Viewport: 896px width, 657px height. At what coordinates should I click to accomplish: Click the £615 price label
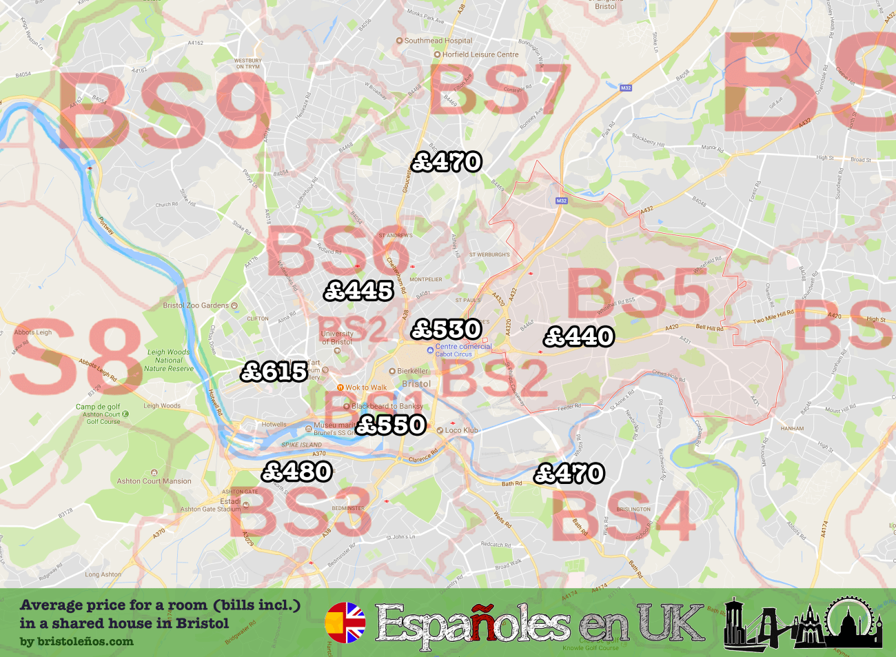274,372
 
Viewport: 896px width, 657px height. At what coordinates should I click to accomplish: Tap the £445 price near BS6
358,291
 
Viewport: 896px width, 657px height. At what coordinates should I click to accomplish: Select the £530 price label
446,330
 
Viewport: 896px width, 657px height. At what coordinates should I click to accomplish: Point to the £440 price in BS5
579,336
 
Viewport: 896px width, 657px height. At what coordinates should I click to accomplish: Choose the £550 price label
391,425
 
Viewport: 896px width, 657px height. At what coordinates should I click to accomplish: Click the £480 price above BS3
297,472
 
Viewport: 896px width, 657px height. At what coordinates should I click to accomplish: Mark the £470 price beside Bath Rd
569,474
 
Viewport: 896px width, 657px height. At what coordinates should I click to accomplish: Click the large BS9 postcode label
164,110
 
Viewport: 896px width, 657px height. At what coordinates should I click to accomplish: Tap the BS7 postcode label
500,90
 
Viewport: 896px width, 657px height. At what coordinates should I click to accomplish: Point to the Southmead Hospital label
438,41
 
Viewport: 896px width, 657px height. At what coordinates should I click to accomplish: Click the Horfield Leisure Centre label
480,54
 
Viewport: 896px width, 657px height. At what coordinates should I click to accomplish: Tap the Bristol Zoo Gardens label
196,305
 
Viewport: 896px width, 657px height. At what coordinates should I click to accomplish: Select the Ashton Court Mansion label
154,481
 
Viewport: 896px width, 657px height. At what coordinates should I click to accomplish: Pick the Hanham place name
792,428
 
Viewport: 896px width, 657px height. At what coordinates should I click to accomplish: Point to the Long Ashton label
103,574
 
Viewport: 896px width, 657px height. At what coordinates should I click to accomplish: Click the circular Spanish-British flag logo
345,623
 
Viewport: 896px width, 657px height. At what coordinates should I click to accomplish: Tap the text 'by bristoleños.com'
77,642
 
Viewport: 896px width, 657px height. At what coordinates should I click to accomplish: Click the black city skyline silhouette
803,623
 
